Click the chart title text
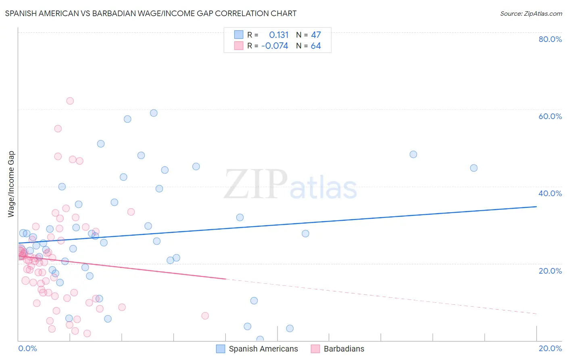(150, 13)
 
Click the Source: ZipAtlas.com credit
(531, 13)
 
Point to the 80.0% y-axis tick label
(550, 39)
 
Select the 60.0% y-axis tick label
(550, 116)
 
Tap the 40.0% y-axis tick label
(550, 193)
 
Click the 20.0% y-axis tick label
(550, 271)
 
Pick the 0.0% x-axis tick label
(27, 348)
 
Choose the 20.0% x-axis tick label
(550, 348)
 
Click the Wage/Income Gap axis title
(11, 184)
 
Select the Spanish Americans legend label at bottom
(263, 349)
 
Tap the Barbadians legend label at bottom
(344, 349)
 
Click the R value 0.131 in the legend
(279, 35)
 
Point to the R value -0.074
(275, 46)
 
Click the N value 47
(316, 35)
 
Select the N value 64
(316, 46)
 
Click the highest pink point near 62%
(70, 101)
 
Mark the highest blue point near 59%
(154, 113)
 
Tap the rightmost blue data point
(474, 168)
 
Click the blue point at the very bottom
(260, 339)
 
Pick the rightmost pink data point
(205, 316)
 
